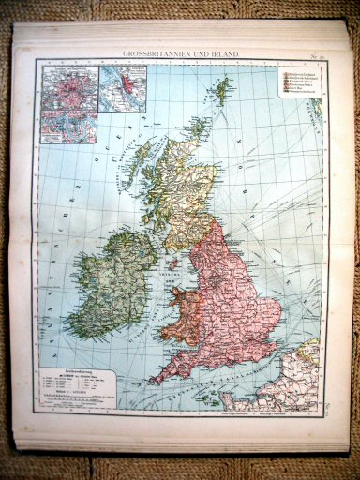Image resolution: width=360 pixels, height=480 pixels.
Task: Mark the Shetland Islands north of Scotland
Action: click(222, 91)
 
